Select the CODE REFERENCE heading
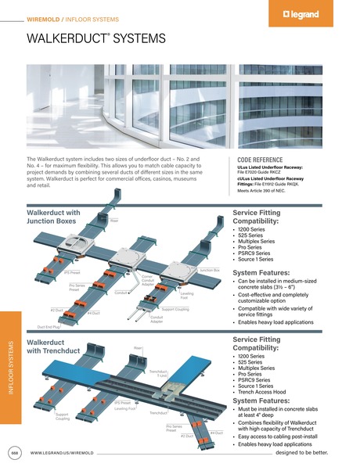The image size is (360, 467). pos(261,160)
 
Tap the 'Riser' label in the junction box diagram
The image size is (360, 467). pos(113,221)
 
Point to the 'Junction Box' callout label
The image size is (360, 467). pos(209,271)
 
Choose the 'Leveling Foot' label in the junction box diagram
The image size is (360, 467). pos(185,296)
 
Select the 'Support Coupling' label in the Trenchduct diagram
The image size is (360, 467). pos(63,416)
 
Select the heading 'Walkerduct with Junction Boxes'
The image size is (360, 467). pos(53,217)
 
